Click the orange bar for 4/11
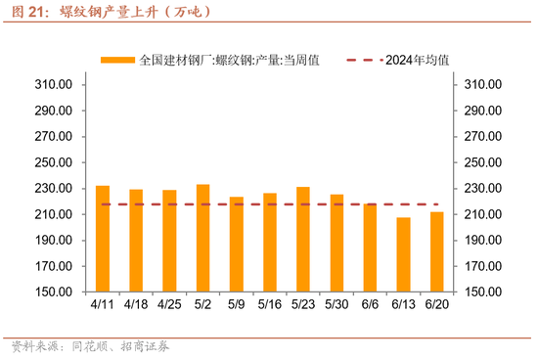(103, 239)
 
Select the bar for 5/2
(202, 238)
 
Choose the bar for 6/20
(436, 251)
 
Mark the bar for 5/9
(237, 245)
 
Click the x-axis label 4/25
(168, 305)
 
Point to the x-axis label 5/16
(270, 305)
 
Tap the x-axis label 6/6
(370, 305)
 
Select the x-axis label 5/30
(336, 305)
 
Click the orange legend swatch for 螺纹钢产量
(117, 60)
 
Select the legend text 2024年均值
(418, 60)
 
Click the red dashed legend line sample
(364, 60)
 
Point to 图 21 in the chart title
(28, 13)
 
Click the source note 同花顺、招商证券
(115, 346)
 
